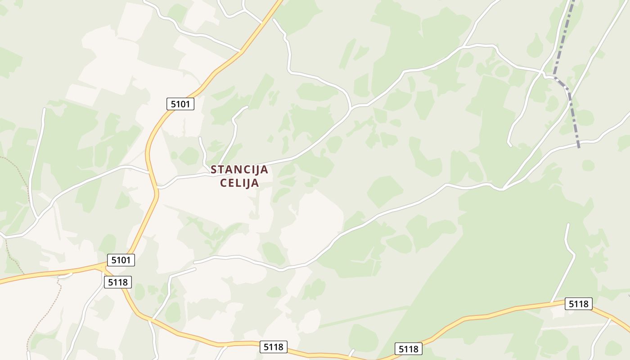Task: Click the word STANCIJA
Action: click(x=239, y=170)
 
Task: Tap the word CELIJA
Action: click(x=239, y=183)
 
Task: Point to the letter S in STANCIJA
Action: click(x=214, y=170)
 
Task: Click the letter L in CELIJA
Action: click(x=240, y=183)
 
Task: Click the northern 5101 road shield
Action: click(x=180, y=104)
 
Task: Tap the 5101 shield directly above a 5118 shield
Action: click(x=121, y=260)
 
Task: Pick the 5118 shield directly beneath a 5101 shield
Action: click(x=118, y=282)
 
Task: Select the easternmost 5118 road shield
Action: click(x=579, y=304)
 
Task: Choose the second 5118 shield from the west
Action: click(x=274, y=347)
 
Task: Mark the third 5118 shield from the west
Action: click(x=409, y=349)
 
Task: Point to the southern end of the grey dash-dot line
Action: click(x=579, y=147)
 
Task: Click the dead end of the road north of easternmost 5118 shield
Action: click(x=568, y=224)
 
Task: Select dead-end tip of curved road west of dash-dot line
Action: click(x=510, y=145)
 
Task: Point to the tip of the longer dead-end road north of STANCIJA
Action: click(x=247, y=107)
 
